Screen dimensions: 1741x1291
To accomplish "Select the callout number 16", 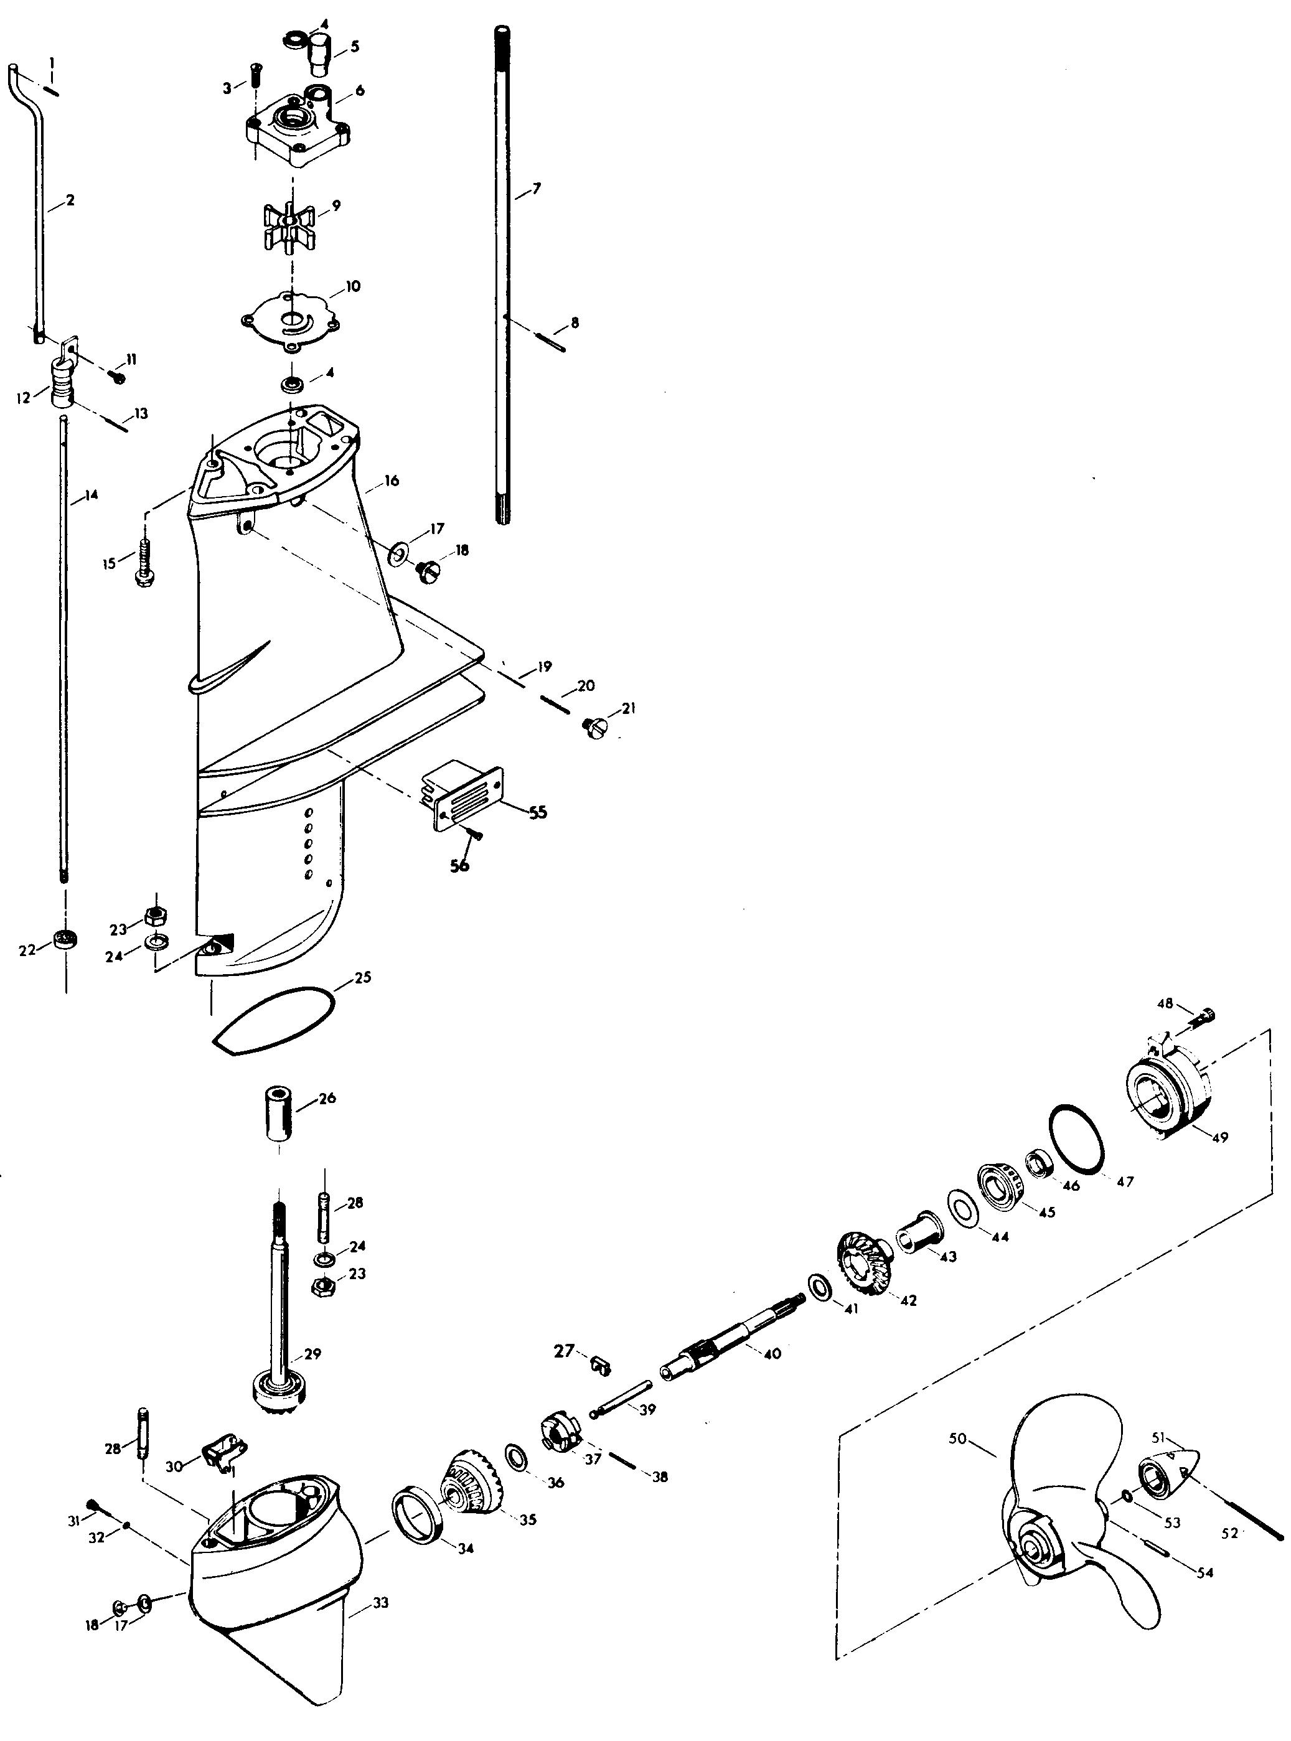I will [x=392, y=480].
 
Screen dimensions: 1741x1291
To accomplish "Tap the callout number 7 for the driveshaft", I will [x=536, y=189].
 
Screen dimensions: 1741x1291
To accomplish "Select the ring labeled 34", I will [x=419, y=1521].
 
